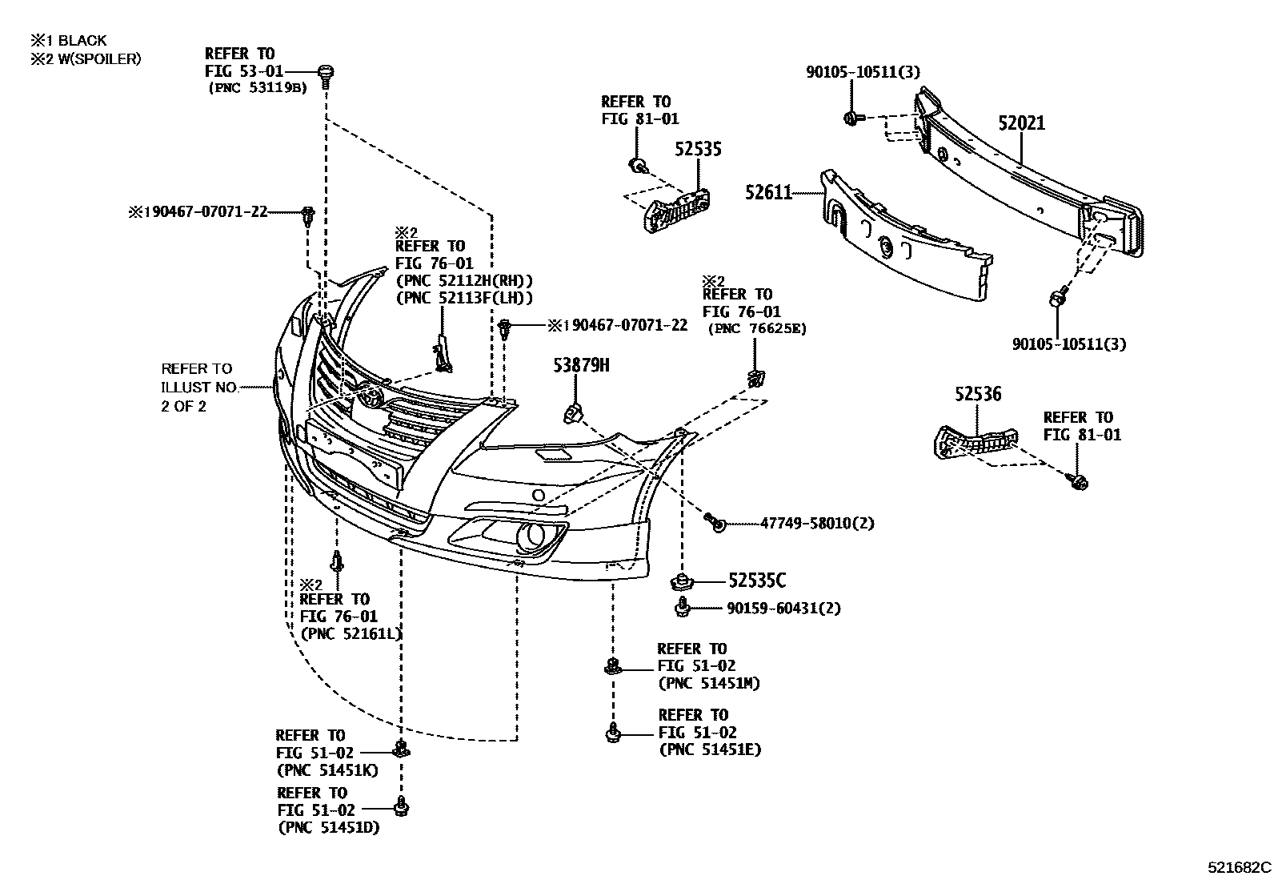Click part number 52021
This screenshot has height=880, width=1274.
point(1021,123)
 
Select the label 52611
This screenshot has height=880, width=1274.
point(768,192)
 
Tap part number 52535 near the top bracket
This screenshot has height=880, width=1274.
point(697,149)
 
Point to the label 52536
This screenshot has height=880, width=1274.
point(977,394)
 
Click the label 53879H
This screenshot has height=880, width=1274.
point(582,366)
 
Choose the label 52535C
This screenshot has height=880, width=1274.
point(756,581)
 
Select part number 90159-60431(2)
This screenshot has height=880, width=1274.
point(783,609)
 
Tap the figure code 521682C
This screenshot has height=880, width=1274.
point(1239,867)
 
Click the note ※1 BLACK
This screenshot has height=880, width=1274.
point(68,40)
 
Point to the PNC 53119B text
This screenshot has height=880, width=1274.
point(257,88)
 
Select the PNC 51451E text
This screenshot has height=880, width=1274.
point(710,750)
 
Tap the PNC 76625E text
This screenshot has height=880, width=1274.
point(757,328)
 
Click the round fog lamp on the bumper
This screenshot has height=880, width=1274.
point(529,536)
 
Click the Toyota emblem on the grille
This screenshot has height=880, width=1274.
point(370,396)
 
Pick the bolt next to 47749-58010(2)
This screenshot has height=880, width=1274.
point(715,523)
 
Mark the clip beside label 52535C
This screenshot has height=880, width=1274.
point(682,580)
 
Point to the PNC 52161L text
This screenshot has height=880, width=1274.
point(351,634)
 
